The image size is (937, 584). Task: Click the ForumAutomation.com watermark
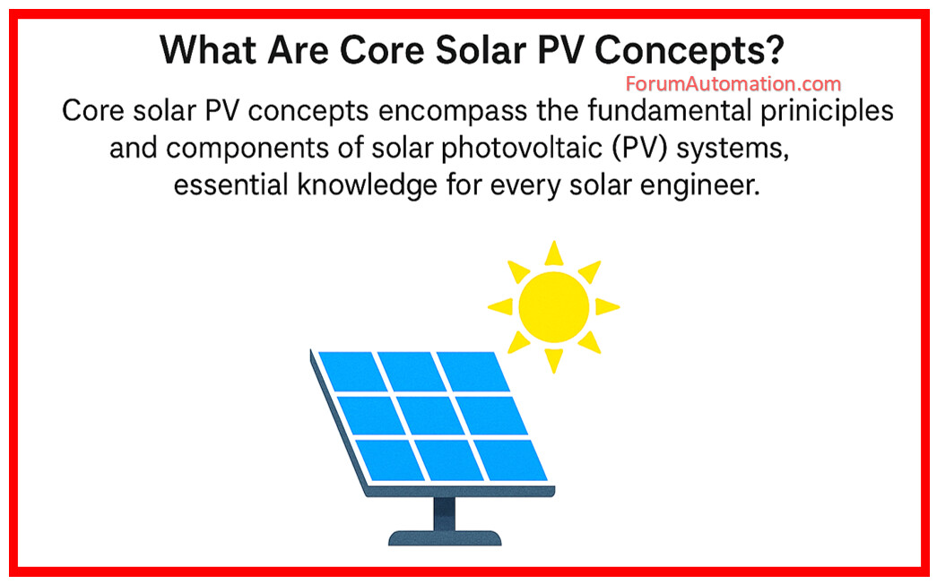click(733, 83)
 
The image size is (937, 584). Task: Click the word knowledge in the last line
click(368, 185)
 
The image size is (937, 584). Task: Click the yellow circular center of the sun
click(553, 307)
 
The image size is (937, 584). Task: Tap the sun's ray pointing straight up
click(554, 253)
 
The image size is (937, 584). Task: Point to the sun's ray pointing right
click(607, 307)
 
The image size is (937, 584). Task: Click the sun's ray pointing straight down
click(554, 361)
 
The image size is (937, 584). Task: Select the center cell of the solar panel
click(430, 416)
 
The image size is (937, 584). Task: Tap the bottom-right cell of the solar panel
click(511, 459)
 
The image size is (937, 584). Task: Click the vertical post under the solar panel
click(444, 513)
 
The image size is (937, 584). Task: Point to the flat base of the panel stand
click(445, 538)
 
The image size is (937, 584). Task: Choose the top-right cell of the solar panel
click(473, 372)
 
